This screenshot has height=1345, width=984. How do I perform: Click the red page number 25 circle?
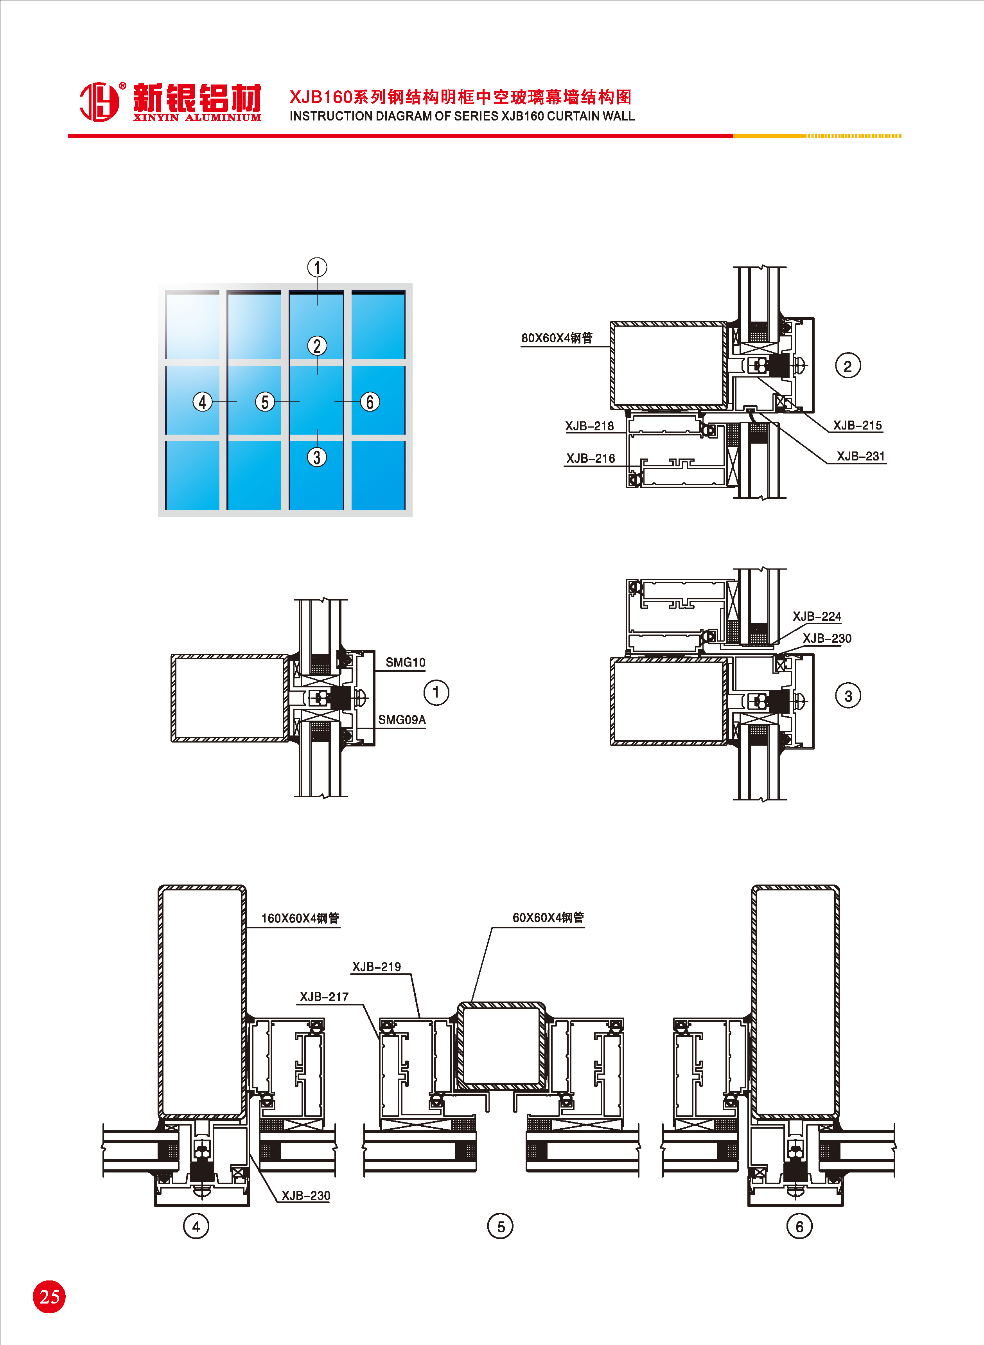coord(49,1297)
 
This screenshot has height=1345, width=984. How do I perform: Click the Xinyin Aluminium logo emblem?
coord(99,102)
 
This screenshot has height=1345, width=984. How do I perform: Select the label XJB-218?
coord(589,426)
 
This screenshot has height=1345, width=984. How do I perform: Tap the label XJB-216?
coord(590,458)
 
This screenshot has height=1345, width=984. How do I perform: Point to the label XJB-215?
coord(857,425)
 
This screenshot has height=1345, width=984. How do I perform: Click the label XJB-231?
coord(861,456)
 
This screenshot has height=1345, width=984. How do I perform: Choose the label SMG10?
coord(405,662)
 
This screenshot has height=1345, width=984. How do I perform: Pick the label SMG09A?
coord(402,719)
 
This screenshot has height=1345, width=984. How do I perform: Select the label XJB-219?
coord(377,966)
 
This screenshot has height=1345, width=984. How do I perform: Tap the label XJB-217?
coord(324,996)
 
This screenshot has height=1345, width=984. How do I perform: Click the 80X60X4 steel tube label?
coord(557,338)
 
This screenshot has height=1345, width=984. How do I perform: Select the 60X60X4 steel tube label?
coord(548,917)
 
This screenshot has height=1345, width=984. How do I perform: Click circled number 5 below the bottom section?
coord(500,1226)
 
